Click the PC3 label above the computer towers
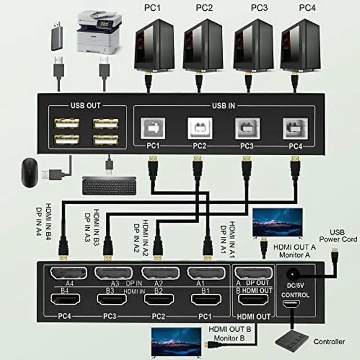259,8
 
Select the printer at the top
99,32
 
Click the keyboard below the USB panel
109,186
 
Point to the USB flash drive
57,36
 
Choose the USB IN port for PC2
200,128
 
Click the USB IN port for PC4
295,128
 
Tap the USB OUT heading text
85,105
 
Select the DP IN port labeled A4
69,273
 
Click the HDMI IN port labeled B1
206,300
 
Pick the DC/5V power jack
292,274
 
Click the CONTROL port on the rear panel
291,304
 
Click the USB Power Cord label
337,236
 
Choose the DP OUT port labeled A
253,273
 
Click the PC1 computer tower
154,46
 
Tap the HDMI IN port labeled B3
112,300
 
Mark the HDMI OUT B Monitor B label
229,334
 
